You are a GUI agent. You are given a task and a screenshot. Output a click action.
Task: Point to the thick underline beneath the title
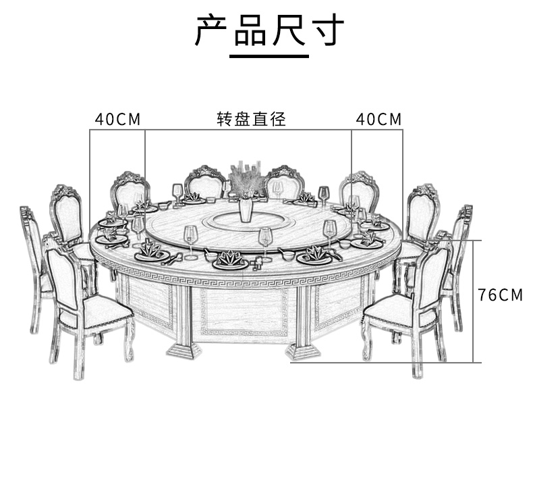click(x=269, y=57)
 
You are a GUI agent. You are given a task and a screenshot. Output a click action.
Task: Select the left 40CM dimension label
click(x=117, y=120)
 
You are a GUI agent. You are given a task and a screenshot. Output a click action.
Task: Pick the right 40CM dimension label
click(x=378, y=120)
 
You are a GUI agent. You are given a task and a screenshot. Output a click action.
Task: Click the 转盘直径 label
click(x=252, y=120)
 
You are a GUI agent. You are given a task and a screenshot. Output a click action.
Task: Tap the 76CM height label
click(x=500, y=295)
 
